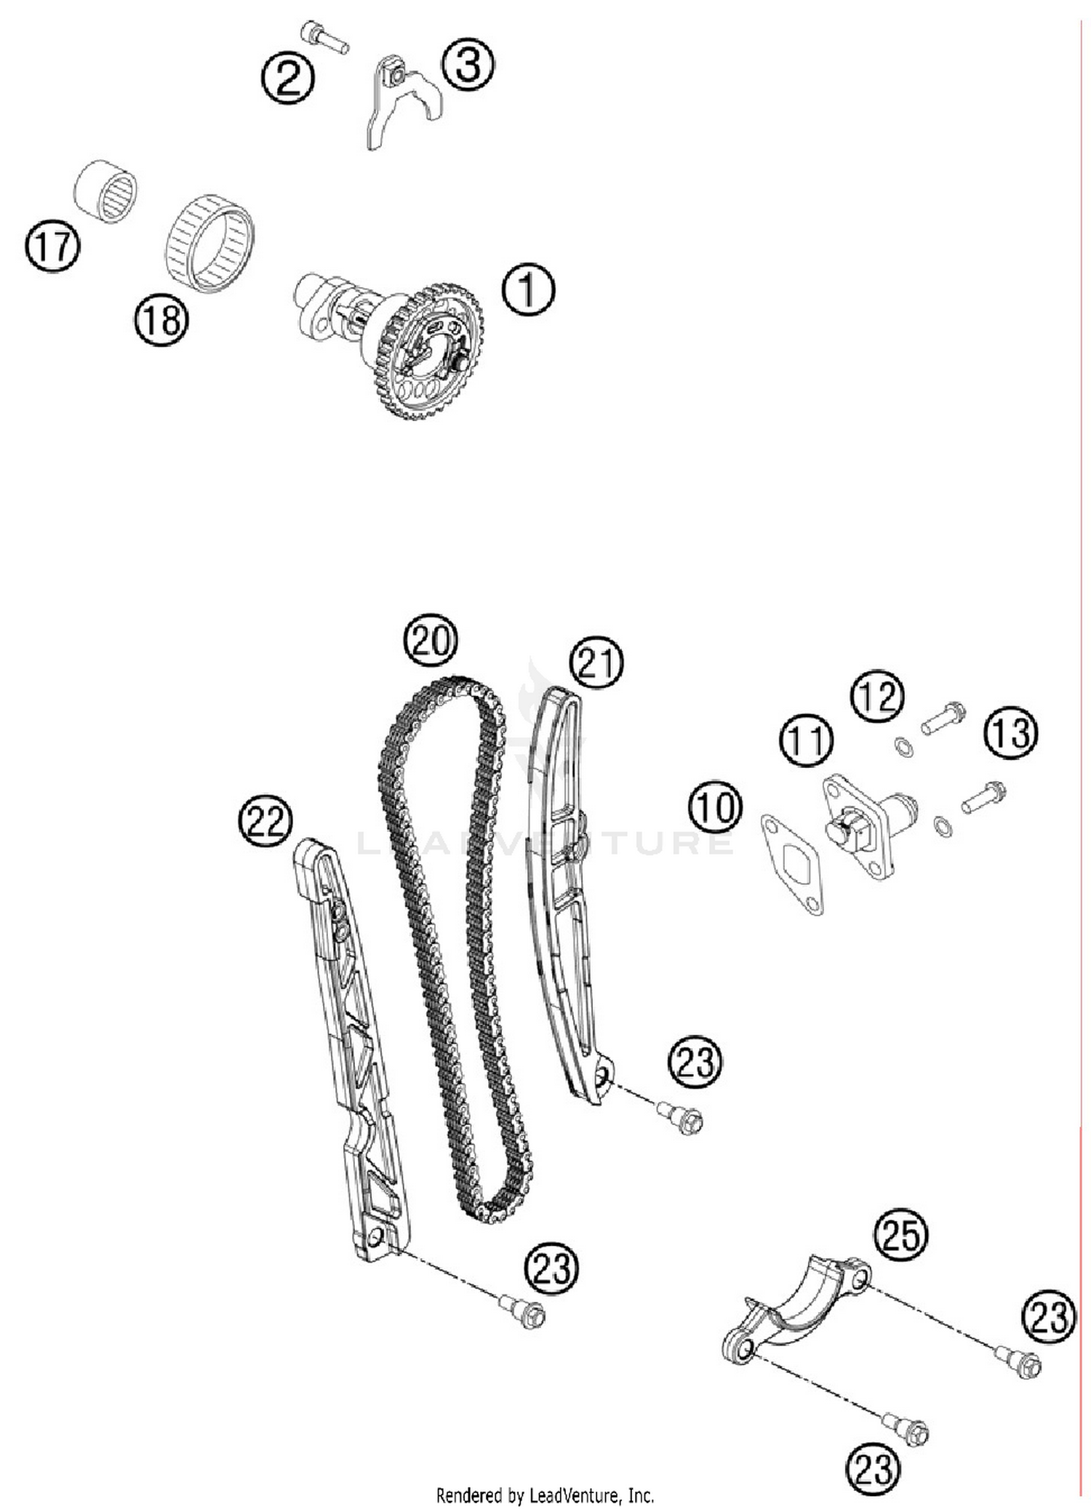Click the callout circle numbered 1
528,289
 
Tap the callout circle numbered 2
289,78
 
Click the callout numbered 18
161,319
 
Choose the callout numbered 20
431,641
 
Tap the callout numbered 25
901,1234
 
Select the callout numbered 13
1011,732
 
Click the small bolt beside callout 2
325,37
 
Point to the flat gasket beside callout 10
791,865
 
